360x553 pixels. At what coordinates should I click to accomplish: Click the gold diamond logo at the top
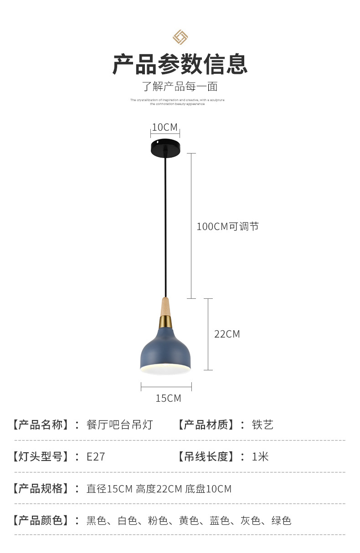180,37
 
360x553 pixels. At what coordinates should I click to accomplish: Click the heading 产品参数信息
180,64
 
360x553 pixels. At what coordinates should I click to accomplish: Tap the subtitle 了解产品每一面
180,86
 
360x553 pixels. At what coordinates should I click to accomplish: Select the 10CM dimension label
165,127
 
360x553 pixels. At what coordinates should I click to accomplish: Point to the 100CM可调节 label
227,226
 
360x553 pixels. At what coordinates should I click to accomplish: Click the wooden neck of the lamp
165,307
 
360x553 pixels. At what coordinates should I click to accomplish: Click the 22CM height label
227,334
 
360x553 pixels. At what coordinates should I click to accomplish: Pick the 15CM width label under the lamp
168,398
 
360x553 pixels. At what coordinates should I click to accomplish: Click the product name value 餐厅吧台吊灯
119,425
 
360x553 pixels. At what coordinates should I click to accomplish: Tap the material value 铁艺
263,425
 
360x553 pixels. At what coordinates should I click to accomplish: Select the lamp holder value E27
96,457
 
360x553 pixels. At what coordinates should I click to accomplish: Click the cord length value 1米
260,457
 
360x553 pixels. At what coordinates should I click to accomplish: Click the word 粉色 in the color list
158,521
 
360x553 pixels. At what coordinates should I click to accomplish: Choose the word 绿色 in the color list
281,521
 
